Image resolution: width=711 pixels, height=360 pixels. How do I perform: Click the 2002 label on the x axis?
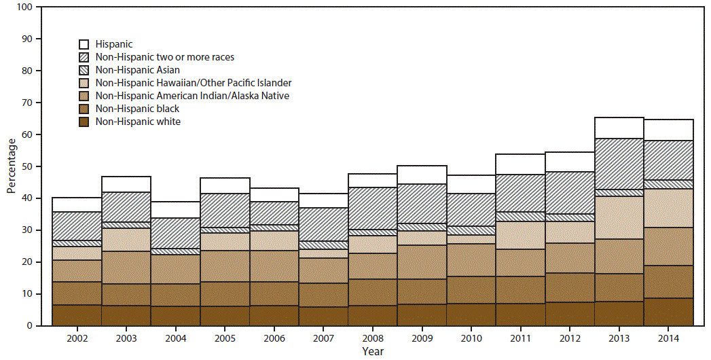[76, 338]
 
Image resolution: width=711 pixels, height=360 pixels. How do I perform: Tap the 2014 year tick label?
[668, 338]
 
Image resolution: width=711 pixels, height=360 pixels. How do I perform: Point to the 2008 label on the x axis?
[372, 338]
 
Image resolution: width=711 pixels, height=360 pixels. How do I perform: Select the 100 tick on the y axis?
[25, 7]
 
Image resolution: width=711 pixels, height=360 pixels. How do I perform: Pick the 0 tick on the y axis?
[30, 326]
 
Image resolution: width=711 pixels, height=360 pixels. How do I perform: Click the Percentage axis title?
[11, 166]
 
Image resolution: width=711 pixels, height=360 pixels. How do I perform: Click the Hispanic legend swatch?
[86, 44]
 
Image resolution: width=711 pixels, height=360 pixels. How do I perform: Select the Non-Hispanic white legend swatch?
[86, 122]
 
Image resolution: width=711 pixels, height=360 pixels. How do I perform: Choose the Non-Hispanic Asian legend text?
[138, 70]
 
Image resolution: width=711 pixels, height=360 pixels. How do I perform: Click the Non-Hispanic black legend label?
[137, 109]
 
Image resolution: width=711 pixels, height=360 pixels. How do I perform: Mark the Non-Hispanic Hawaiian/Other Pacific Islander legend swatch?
[86, 83]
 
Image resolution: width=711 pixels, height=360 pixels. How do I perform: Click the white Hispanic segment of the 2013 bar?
[619, 128]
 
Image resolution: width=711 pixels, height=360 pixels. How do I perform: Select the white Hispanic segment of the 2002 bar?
[76, 204]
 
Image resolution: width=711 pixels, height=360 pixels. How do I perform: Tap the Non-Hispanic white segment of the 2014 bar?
[668, 312]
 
